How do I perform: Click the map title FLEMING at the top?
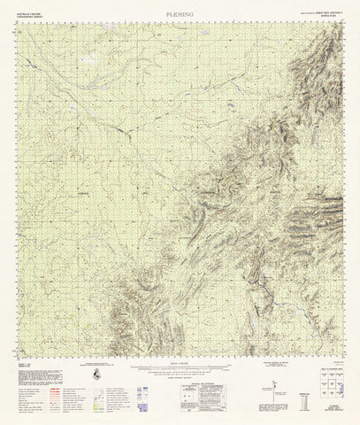[180, 15]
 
